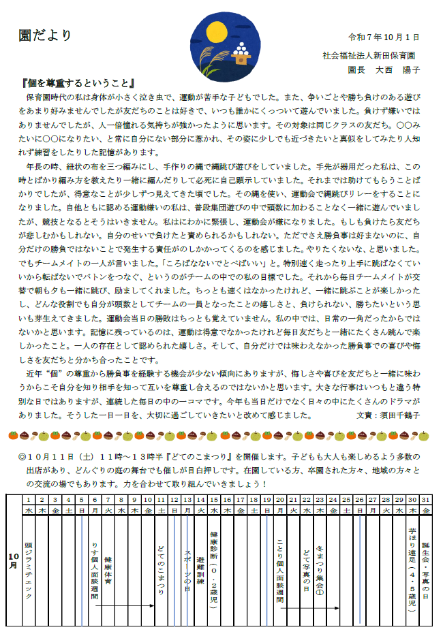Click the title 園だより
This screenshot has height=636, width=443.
click(45, 36)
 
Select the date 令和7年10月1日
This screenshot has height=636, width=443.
click(384, 37)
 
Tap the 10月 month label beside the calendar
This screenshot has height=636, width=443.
click(14, 558)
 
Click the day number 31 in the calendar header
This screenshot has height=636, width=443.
click(426, 500)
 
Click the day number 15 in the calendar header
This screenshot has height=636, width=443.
click(213, 500)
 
